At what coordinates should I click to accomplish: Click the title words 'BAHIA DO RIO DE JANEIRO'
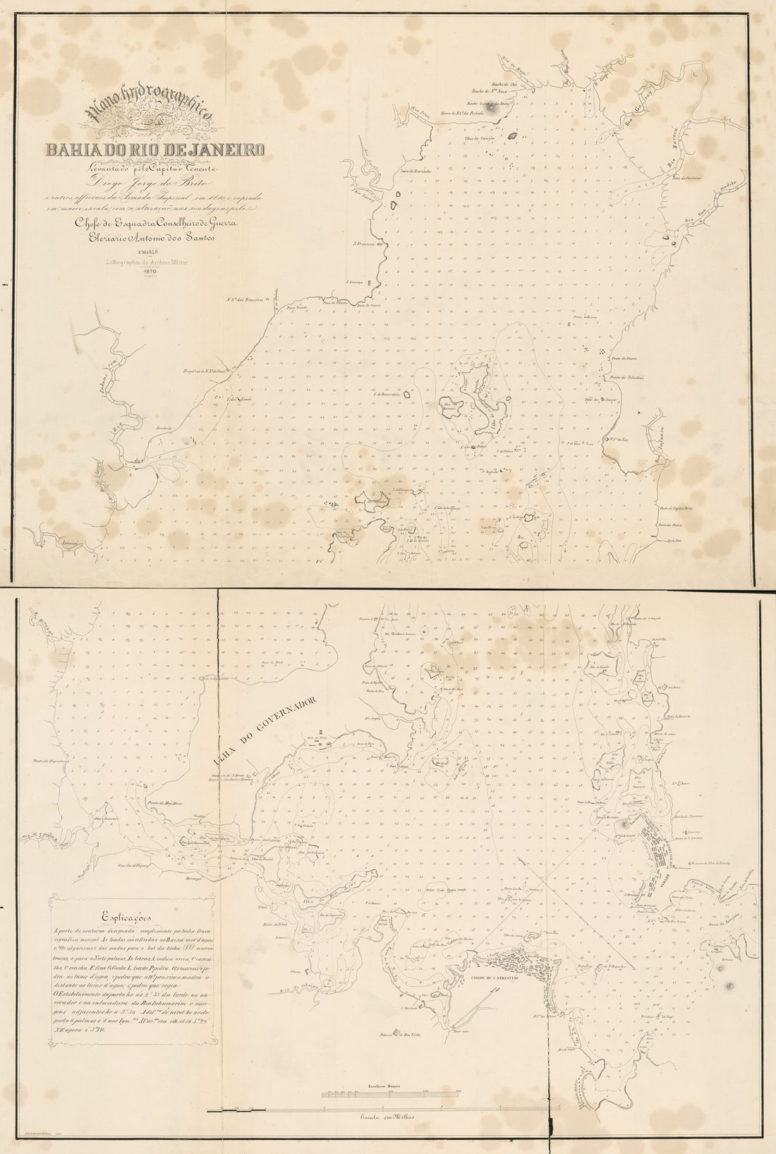(x=155, y=150)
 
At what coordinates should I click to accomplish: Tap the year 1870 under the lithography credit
(x=149, y=271)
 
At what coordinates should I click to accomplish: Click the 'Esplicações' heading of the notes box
(x=123, y=918)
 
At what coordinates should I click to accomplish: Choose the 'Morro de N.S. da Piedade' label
(x=471, y=113)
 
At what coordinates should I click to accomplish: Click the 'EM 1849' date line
(x=148, y=251)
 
